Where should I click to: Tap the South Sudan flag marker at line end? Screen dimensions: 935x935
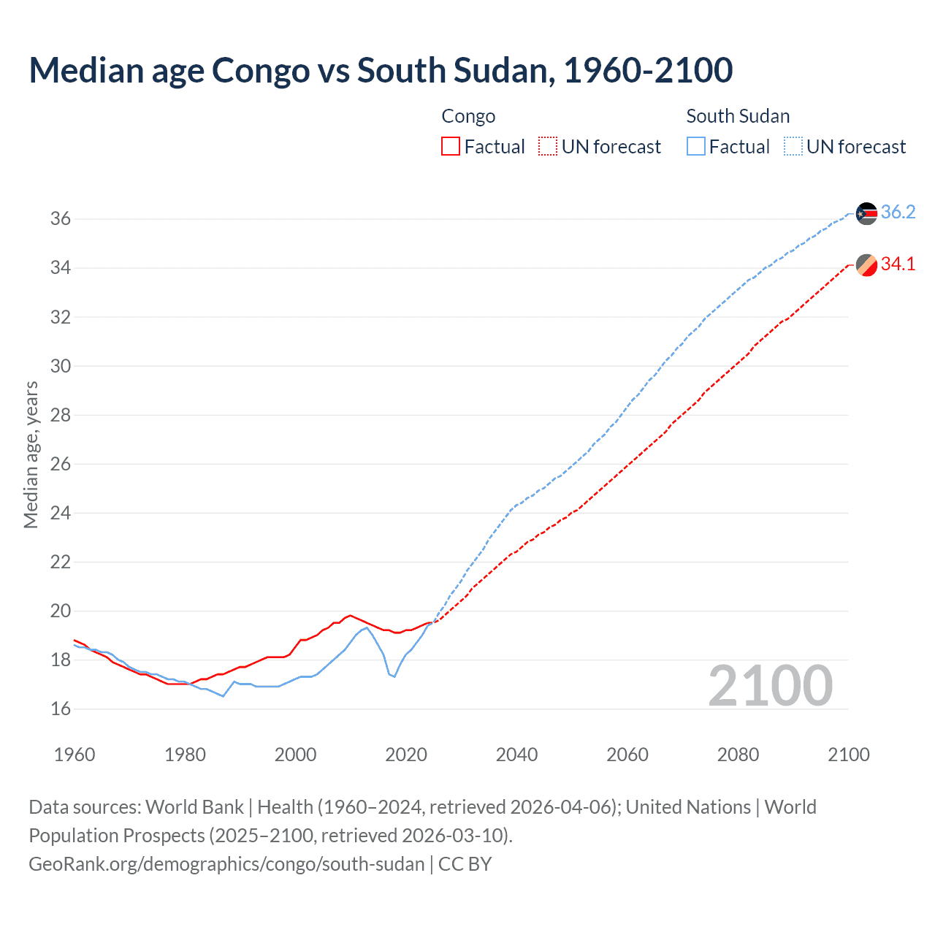coord(866,213)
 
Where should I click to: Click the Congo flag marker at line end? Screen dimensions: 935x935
coord(866,265)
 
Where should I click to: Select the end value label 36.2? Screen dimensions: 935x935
coord(898,212)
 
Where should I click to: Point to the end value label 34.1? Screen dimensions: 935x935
coord(898,264)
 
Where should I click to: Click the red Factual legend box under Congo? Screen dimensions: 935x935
coord(451,147)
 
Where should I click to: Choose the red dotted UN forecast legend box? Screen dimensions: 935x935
coord(548,147)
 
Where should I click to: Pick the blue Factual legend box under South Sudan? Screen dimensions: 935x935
coord(696,147)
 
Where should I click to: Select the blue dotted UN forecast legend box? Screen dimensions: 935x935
coord(793,147)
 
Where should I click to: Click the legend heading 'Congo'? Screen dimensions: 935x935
coord(468,116)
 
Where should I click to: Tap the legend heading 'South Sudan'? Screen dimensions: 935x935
coord(738,116)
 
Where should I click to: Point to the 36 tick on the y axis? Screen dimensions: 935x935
coord(61,219)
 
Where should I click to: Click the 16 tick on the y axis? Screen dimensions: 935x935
coord(61,709)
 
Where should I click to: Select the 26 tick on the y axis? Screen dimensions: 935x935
coord(61,464)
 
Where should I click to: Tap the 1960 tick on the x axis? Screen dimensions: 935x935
coord(75,755)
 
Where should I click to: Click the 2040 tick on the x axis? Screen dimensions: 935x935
coord(516,755)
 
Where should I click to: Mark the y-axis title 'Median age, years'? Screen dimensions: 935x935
coord(31,454)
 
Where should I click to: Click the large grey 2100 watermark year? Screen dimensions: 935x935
coord(770,685)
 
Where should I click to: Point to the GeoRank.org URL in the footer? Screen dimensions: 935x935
coord(226,864)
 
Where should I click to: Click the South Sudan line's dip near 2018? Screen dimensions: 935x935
coord(394,676)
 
